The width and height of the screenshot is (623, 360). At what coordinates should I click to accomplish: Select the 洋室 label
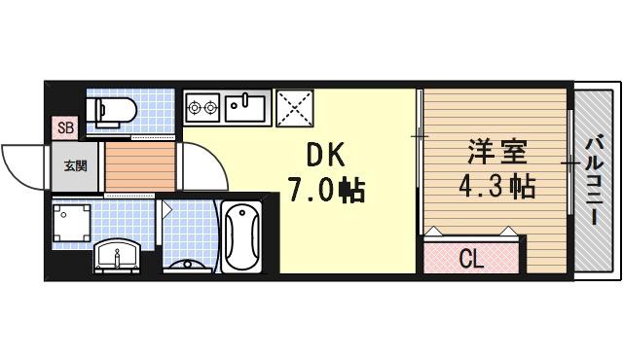point(496,153)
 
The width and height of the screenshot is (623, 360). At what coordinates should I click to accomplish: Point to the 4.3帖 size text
point(497,185)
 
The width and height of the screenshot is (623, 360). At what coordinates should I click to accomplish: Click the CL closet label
point(471,259)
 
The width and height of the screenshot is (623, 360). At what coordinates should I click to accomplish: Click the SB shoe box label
point(65,127)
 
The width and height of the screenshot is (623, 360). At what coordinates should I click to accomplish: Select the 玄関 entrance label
point(75,166)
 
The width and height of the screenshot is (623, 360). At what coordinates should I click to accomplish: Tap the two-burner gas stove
point(202,105)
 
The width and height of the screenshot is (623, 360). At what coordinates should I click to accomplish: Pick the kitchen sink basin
point(247,105)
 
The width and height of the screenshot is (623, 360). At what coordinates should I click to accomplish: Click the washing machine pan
point(71,223)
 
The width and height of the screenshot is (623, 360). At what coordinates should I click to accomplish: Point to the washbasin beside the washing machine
point(120,256)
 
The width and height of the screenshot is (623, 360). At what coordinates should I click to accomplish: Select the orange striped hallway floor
point(139,168)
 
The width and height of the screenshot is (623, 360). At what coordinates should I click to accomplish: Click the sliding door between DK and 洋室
point(420,161)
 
